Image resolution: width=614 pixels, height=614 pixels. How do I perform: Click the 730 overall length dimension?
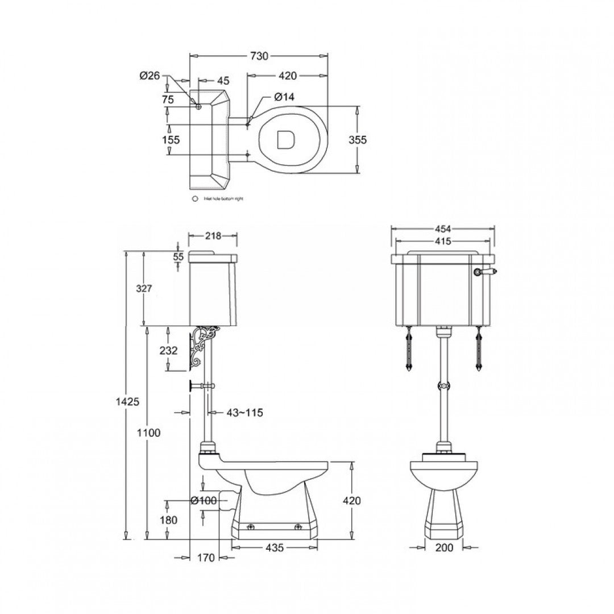pos(259,56)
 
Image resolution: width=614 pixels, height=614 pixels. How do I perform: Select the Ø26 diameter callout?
pos(150,76)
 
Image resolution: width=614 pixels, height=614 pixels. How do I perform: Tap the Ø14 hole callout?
pos(285,97)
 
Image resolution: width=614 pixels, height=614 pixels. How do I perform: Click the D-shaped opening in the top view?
pos(285,140)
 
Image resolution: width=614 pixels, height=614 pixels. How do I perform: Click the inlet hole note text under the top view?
pos(221,199)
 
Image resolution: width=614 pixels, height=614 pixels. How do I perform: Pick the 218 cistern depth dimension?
pos(213,235)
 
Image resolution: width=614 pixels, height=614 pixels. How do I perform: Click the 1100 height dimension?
pos(150,433)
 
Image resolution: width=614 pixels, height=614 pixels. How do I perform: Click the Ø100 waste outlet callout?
pos(204,500)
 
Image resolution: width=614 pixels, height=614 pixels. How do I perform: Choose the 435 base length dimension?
pos(274,547)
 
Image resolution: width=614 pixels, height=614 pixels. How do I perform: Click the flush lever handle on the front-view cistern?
pos(486,272)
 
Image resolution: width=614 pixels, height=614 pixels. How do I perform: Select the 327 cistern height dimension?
pos(144,288)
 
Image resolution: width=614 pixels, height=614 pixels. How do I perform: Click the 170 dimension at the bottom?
pos(207,558)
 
